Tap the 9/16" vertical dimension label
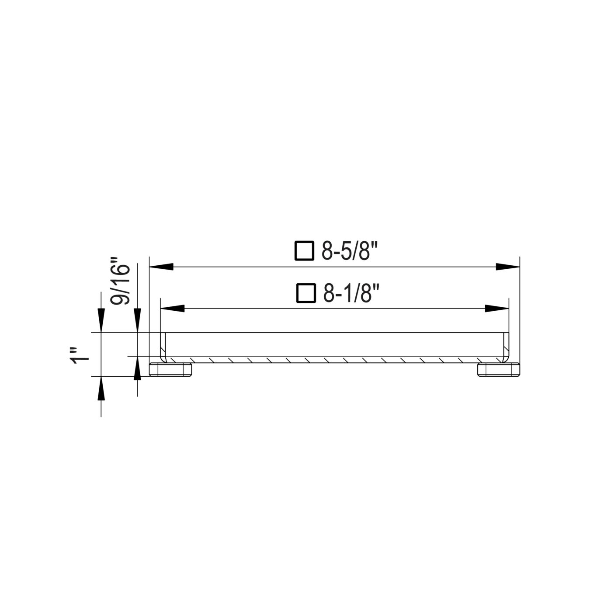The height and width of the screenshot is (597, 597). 120,281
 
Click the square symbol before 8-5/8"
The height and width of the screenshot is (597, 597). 304,250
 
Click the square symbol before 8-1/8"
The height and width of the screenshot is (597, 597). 306,293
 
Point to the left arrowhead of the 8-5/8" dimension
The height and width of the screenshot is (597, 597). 161,267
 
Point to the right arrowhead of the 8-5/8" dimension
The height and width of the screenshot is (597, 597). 508,267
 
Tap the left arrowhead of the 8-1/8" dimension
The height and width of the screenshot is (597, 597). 172,309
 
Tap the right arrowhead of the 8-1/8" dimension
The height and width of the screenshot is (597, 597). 497,309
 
